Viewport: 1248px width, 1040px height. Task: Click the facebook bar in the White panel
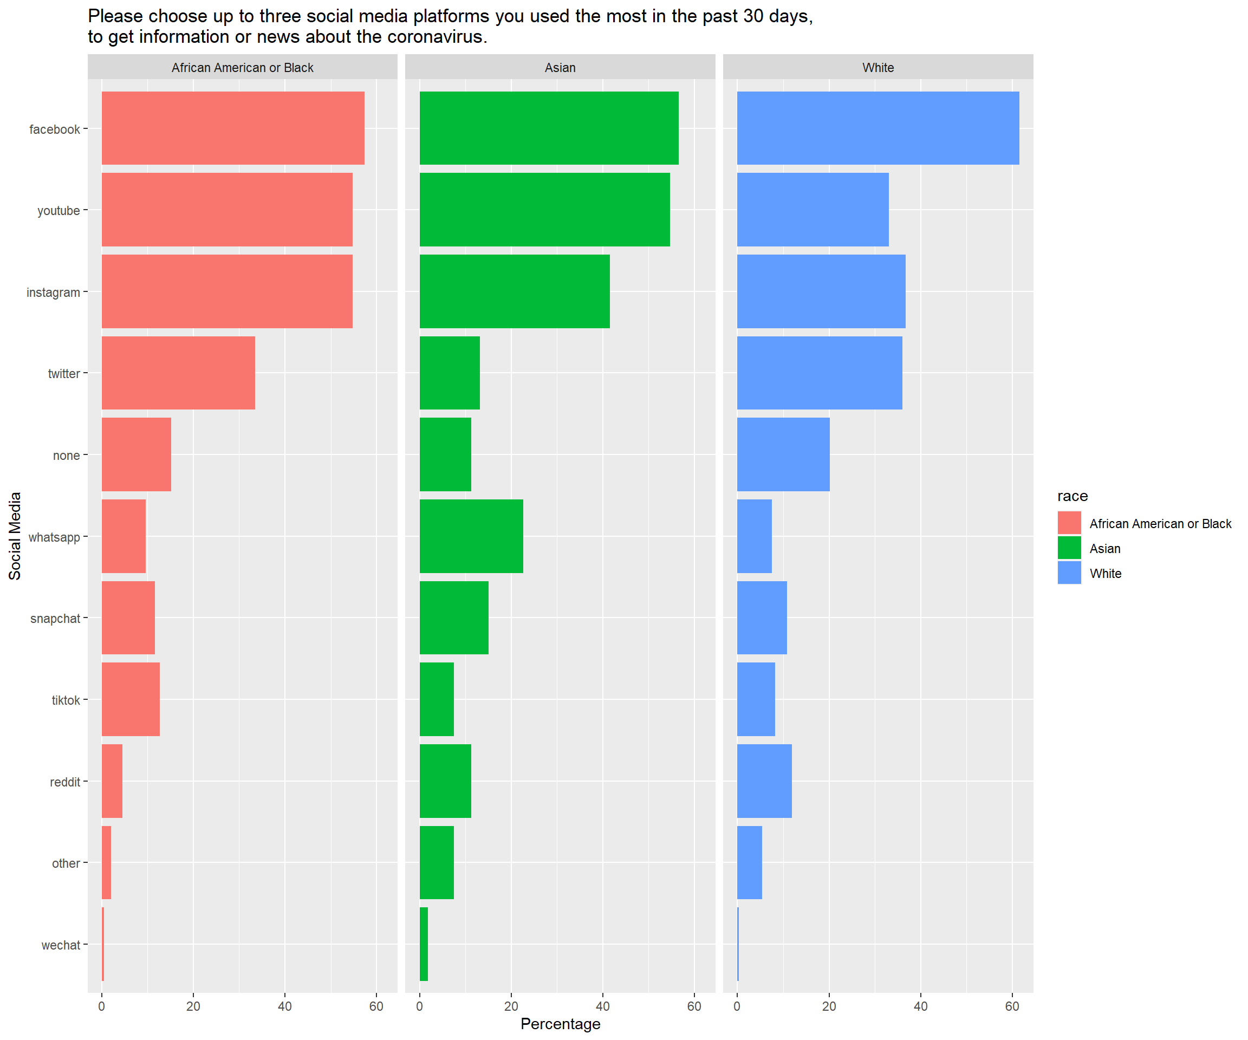click(877, 128)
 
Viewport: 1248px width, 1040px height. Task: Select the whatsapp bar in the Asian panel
click(471, 536)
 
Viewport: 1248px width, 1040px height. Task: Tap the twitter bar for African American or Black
click(178, 373)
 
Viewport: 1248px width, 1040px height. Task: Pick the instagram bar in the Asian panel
click(515, 291)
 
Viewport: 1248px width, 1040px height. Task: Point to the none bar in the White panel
click(783, 454)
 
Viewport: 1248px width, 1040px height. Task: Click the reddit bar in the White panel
click(764, 781)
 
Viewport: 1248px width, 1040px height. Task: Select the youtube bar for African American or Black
click(227, 209)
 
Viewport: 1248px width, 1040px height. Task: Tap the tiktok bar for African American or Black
click(131, 699)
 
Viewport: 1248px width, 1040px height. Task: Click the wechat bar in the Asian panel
click(424, 944)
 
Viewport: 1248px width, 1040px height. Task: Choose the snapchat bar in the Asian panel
click(454, 618)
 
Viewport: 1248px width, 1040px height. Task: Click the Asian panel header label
click(560, 68)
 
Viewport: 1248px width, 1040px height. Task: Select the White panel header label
click(877, 68)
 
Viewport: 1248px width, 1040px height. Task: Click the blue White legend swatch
click(1069, 573)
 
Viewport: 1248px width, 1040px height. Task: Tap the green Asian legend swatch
click(1069, 548)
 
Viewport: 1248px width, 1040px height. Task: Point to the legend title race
click(1072, 496)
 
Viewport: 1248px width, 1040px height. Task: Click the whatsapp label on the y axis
click(54, 537)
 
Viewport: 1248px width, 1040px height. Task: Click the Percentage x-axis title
click(561, 1024)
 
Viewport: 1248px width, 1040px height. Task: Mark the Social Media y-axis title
click(15, 536)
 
